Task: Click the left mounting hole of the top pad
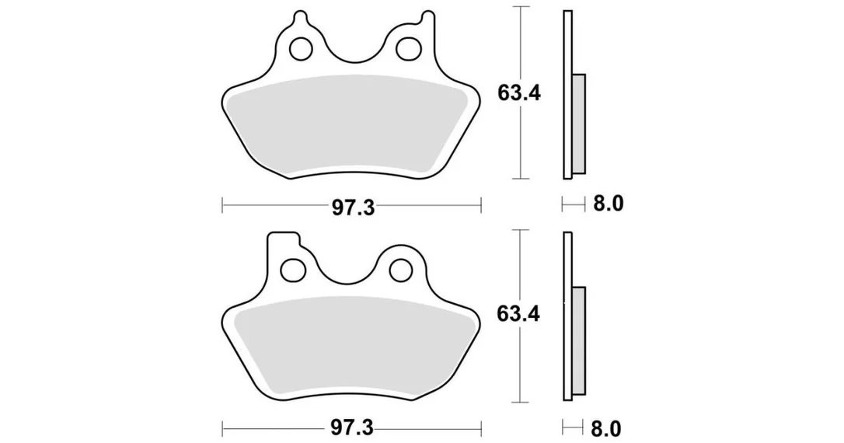301,49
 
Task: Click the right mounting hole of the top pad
407,49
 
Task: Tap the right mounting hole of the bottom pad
401,270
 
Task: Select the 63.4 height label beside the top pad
519,93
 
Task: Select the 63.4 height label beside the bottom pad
519,313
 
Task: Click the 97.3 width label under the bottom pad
353,428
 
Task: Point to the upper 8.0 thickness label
608,204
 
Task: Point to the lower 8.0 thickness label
606,428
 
